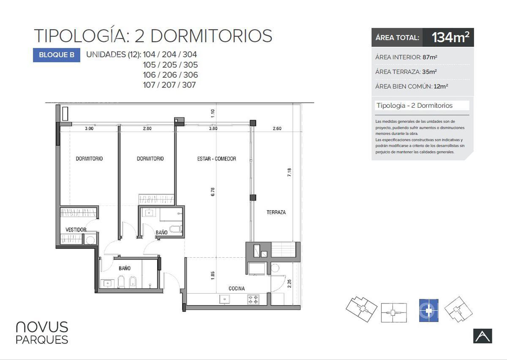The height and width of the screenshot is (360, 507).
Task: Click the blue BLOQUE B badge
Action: coord(57,55)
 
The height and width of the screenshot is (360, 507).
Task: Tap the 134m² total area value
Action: coord(450,37)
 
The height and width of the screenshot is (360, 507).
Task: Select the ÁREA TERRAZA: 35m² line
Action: coord(406,72)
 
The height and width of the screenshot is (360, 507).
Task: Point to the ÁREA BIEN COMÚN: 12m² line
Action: coord(412,86)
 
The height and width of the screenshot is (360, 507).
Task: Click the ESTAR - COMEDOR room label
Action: coord(217,159)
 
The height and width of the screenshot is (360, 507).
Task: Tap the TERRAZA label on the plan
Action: coord(276,213)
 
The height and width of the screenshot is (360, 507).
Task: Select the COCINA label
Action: coord(237,289)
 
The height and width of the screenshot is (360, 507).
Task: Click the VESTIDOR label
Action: coord(76,230)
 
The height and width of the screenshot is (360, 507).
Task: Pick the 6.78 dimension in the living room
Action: coord(213,192)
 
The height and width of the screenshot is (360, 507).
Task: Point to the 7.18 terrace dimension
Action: coord(289,172)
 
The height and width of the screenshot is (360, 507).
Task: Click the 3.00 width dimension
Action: coord(89,128)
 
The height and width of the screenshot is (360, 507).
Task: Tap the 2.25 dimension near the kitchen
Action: coord(289,284)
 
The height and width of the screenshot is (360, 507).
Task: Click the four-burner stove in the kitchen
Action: coord(253,299)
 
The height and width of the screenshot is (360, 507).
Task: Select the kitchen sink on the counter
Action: coord(224,299)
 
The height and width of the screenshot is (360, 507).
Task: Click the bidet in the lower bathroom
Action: coord(133,282)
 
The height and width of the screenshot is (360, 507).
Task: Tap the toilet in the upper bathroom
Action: coord(176,229)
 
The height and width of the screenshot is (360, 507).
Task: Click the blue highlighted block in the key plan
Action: coord(429,311)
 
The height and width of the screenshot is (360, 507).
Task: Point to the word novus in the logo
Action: coord(42,327)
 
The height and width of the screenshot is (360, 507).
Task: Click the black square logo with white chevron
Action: coord(482,336)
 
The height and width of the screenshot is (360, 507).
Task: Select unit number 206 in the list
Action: coord(169,75)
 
